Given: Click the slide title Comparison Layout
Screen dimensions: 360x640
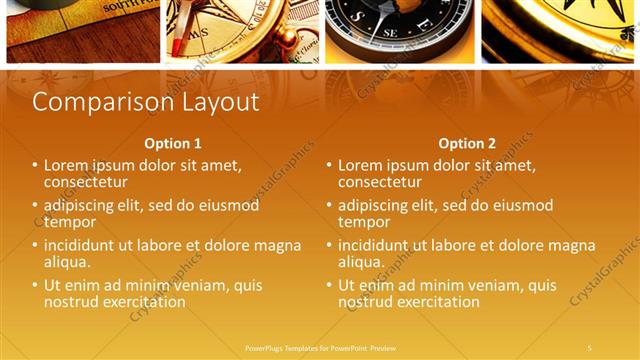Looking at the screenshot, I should pyautogui.click(x=146, y=102).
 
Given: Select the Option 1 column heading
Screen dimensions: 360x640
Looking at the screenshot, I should pyautogui.click(x=172, y=143).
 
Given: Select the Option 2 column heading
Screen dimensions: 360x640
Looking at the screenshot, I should pyautogui.click(x=467, y=143).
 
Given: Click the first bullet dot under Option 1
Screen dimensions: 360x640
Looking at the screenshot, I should pyautogui.click(x=36, y=165).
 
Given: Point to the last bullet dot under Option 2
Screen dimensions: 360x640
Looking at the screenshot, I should pyautogui.click(x=330, y=285).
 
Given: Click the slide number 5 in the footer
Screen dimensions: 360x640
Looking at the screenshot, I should pyautogui.click(x=589, y=347).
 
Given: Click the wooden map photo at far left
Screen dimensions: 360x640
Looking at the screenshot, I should pyautogui.click(x=83, y=28).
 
